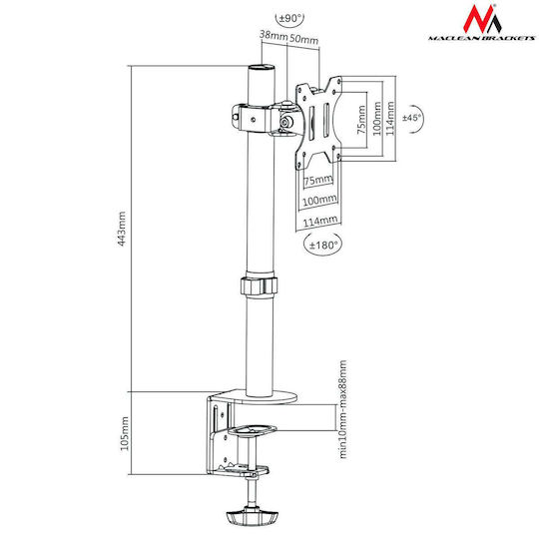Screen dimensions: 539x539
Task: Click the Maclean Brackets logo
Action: pos(481,23)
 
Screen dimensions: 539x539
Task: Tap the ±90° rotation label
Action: pos(290,18)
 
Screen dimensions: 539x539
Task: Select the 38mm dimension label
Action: pos(273,35)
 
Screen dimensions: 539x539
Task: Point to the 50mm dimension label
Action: pos(303,39)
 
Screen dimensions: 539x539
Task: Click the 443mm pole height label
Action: pos(122,229)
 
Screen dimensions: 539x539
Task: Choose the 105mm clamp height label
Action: pos(124,433)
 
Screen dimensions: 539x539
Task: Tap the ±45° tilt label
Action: pos(411,118)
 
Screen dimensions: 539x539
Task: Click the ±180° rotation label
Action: pos(323,246)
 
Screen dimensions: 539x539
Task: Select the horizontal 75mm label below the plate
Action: pos(318,180)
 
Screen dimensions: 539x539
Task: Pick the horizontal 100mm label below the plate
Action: pos(319,200)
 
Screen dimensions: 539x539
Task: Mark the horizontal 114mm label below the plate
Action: pos(320,221)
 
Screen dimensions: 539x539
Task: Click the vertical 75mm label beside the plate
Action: pos(361,120)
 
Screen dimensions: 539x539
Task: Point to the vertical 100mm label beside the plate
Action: pos(377,118)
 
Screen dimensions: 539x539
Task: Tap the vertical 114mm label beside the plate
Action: pos(390,118)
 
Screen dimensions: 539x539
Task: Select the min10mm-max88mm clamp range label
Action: pos(342,409)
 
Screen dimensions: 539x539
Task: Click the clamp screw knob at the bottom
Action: pos(252,516)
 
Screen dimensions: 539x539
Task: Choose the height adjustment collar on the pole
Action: pos(259,285)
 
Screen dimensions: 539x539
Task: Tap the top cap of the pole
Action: pos(262,67)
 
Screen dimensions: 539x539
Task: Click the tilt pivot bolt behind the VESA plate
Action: pos(286,121)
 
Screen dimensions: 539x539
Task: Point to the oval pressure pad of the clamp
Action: pos(253,430)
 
